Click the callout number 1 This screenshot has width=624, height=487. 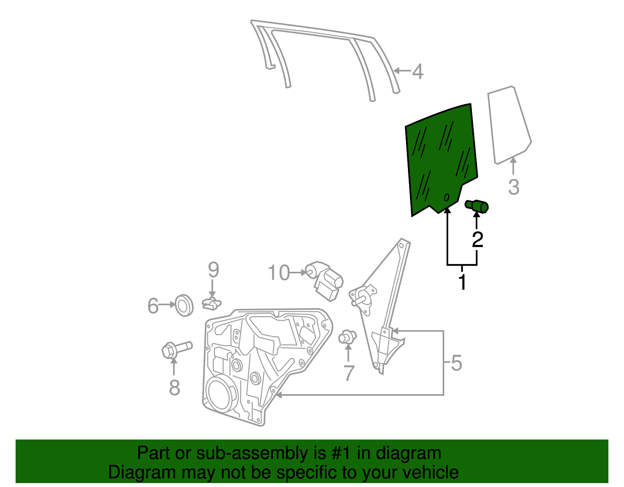[x=462, y=283]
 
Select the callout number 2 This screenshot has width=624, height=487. [x=477, y=239]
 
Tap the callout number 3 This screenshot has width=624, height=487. [x=514, y=187]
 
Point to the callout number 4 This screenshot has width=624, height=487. [x=418, y=72]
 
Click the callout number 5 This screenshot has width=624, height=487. [x=456, y=363]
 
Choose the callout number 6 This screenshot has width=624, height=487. [x=153, y=306]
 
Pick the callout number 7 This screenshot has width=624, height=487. [x=349, y=373]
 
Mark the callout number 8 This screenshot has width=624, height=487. [x=174, y=388]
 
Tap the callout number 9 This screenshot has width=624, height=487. [x=213, y=270]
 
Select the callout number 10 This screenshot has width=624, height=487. [x=279, y=273]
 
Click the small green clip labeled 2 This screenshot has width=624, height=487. [x=477, y=205]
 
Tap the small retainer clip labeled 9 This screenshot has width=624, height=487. [x=211, y=303]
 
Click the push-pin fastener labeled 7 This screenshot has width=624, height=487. [x=347, y=336]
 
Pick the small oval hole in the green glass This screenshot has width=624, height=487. [x=447, y=197]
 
